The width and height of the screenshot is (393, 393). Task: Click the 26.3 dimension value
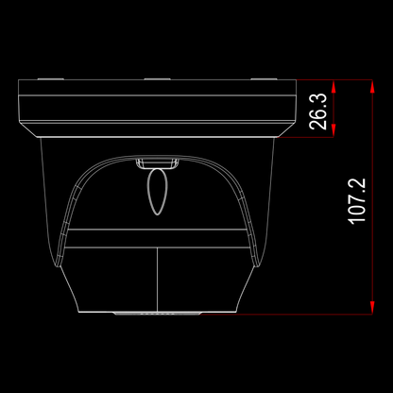point(318,111)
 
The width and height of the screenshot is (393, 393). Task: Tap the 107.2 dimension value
point(357,201)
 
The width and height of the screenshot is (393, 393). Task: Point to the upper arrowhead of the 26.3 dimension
point(333,86)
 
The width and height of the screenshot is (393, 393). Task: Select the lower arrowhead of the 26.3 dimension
point(333,130)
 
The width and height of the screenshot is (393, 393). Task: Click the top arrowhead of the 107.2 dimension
point(372,86)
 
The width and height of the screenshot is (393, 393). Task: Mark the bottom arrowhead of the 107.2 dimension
point(372,307)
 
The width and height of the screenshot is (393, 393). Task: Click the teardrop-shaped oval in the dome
point(158,192)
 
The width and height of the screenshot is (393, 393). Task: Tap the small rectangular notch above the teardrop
point(158,163)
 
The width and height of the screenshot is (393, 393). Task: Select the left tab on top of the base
point(51,79)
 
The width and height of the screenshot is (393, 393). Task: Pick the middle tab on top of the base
point(157,79)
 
